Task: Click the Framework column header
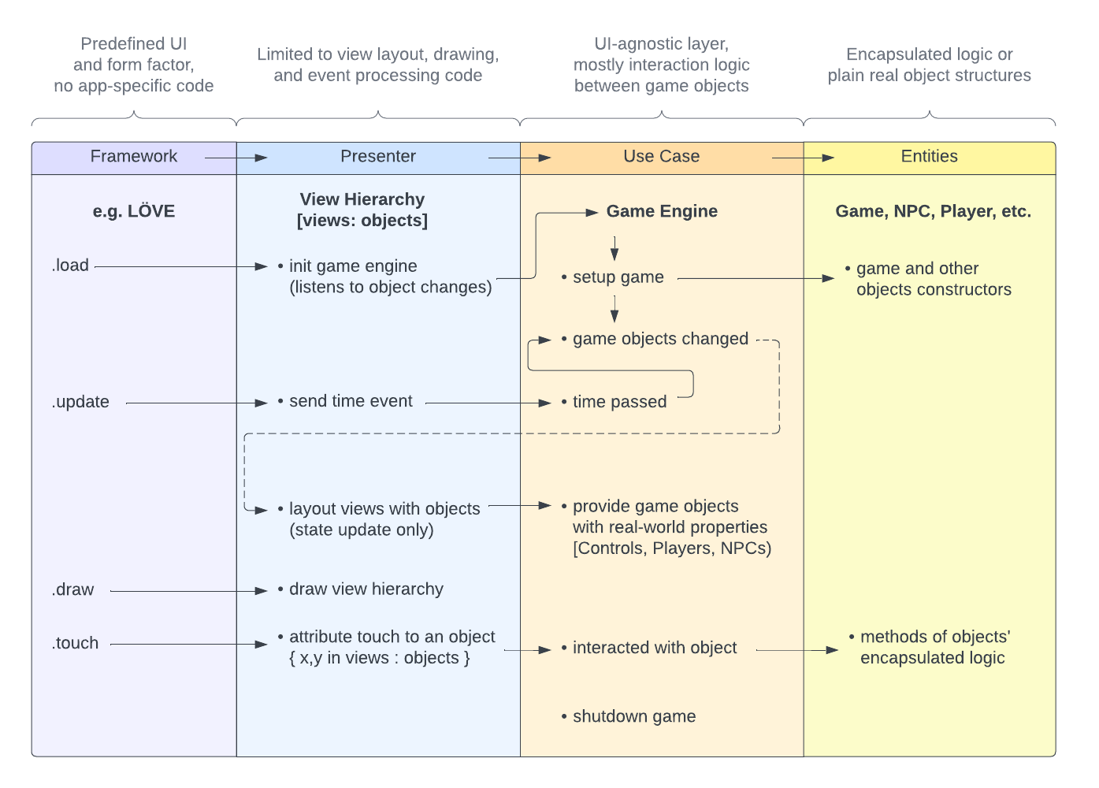[x=133, y=156]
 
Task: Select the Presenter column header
[x=378, y=156]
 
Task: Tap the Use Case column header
[x=661, y=156]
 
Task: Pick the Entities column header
[x=930, y=156]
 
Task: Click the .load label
[x=70, y=265]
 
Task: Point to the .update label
[x=80, y=402]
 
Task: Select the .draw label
[x=72, y=589]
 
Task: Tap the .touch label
[x=75, y=643]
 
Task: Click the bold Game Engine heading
[x=662, y=211]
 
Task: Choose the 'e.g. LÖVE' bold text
[x=133, y=211]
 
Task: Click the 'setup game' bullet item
[x=613, y=277]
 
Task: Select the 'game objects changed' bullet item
[x=655, y=339]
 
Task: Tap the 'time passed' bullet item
[x=614, y=402]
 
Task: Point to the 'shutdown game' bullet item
[x=629, y=716]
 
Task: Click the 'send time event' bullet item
[x=345, y=401]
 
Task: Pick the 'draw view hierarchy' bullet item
[x=361, y=589]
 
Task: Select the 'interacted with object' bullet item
[x=649, y=648]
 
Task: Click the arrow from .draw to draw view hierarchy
[x=189, y=591]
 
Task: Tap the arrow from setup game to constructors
[x=756, y=279]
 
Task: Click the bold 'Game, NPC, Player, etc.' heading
[x=934, y=211]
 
